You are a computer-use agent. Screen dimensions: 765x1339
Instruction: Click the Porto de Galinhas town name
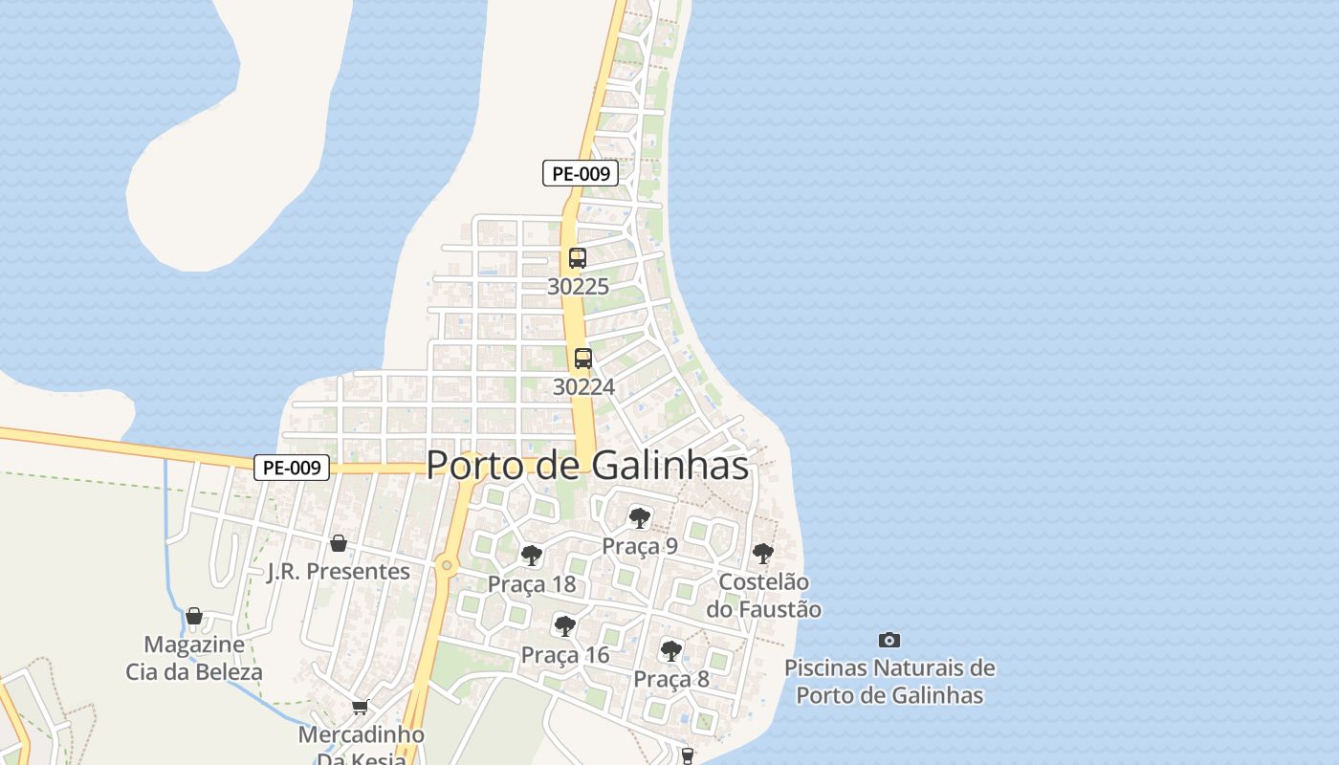[586, 466]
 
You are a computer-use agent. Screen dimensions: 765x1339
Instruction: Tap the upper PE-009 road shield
[580, 173]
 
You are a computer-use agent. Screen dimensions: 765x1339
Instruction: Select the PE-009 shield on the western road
[292, 468]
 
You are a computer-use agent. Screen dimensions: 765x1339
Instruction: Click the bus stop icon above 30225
[578, 258]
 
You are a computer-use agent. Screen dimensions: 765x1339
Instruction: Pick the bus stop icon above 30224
[583, 359]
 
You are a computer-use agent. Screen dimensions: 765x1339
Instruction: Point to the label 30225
[578, 286]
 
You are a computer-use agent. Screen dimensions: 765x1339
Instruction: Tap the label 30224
[583, 386]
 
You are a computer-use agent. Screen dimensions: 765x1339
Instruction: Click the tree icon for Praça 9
[639, 518]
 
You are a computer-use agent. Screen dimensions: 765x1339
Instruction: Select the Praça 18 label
[532, 583]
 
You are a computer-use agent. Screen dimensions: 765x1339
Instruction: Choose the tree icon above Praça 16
[565, 626]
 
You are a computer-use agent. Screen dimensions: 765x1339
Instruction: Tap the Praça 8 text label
[671, 679]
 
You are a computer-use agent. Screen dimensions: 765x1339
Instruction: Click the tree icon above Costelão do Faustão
[762, 553]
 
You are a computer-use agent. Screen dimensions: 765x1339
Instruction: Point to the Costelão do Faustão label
[763, 595]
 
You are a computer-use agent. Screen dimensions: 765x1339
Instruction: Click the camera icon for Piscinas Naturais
[889, 640]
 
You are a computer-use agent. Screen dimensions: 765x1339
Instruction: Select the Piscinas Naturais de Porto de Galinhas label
[889, 681]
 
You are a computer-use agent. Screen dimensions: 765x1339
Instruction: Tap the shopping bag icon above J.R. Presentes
[338, 543]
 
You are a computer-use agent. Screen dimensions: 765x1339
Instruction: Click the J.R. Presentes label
[339, 571]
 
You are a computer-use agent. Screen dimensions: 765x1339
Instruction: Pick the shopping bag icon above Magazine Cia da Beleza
[194, 616]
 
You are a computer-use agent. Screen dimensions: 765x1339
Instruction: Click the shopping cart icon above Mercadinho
[361, 707]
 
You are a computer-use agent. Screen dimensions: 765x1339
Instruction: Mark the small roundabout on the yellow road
[446, 565]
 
